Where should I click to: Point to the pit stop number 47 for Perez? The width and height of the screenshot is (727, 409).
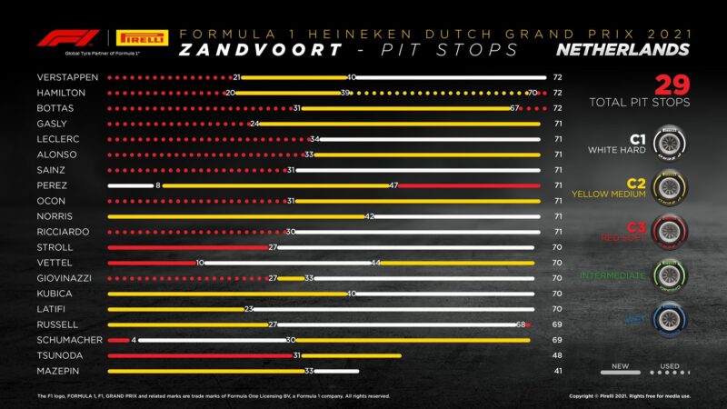point(393,185)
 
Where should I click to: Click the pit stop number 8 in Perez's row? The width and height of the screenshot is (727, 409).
point(158,185)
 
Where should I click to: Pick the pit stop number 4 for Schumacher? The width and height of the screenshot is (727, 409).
point(134,340)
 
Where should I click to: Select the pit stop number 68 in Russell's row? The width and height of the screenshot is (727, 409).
point(522,324)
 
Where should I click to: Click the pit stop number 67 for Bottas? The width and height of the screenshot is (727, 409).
point(514,108)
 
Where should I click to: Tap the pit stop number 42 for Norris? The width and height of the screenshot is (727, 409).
point(370,216)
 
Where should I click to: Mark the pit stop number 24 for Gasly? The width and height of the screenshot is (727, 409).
point(255,124)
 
